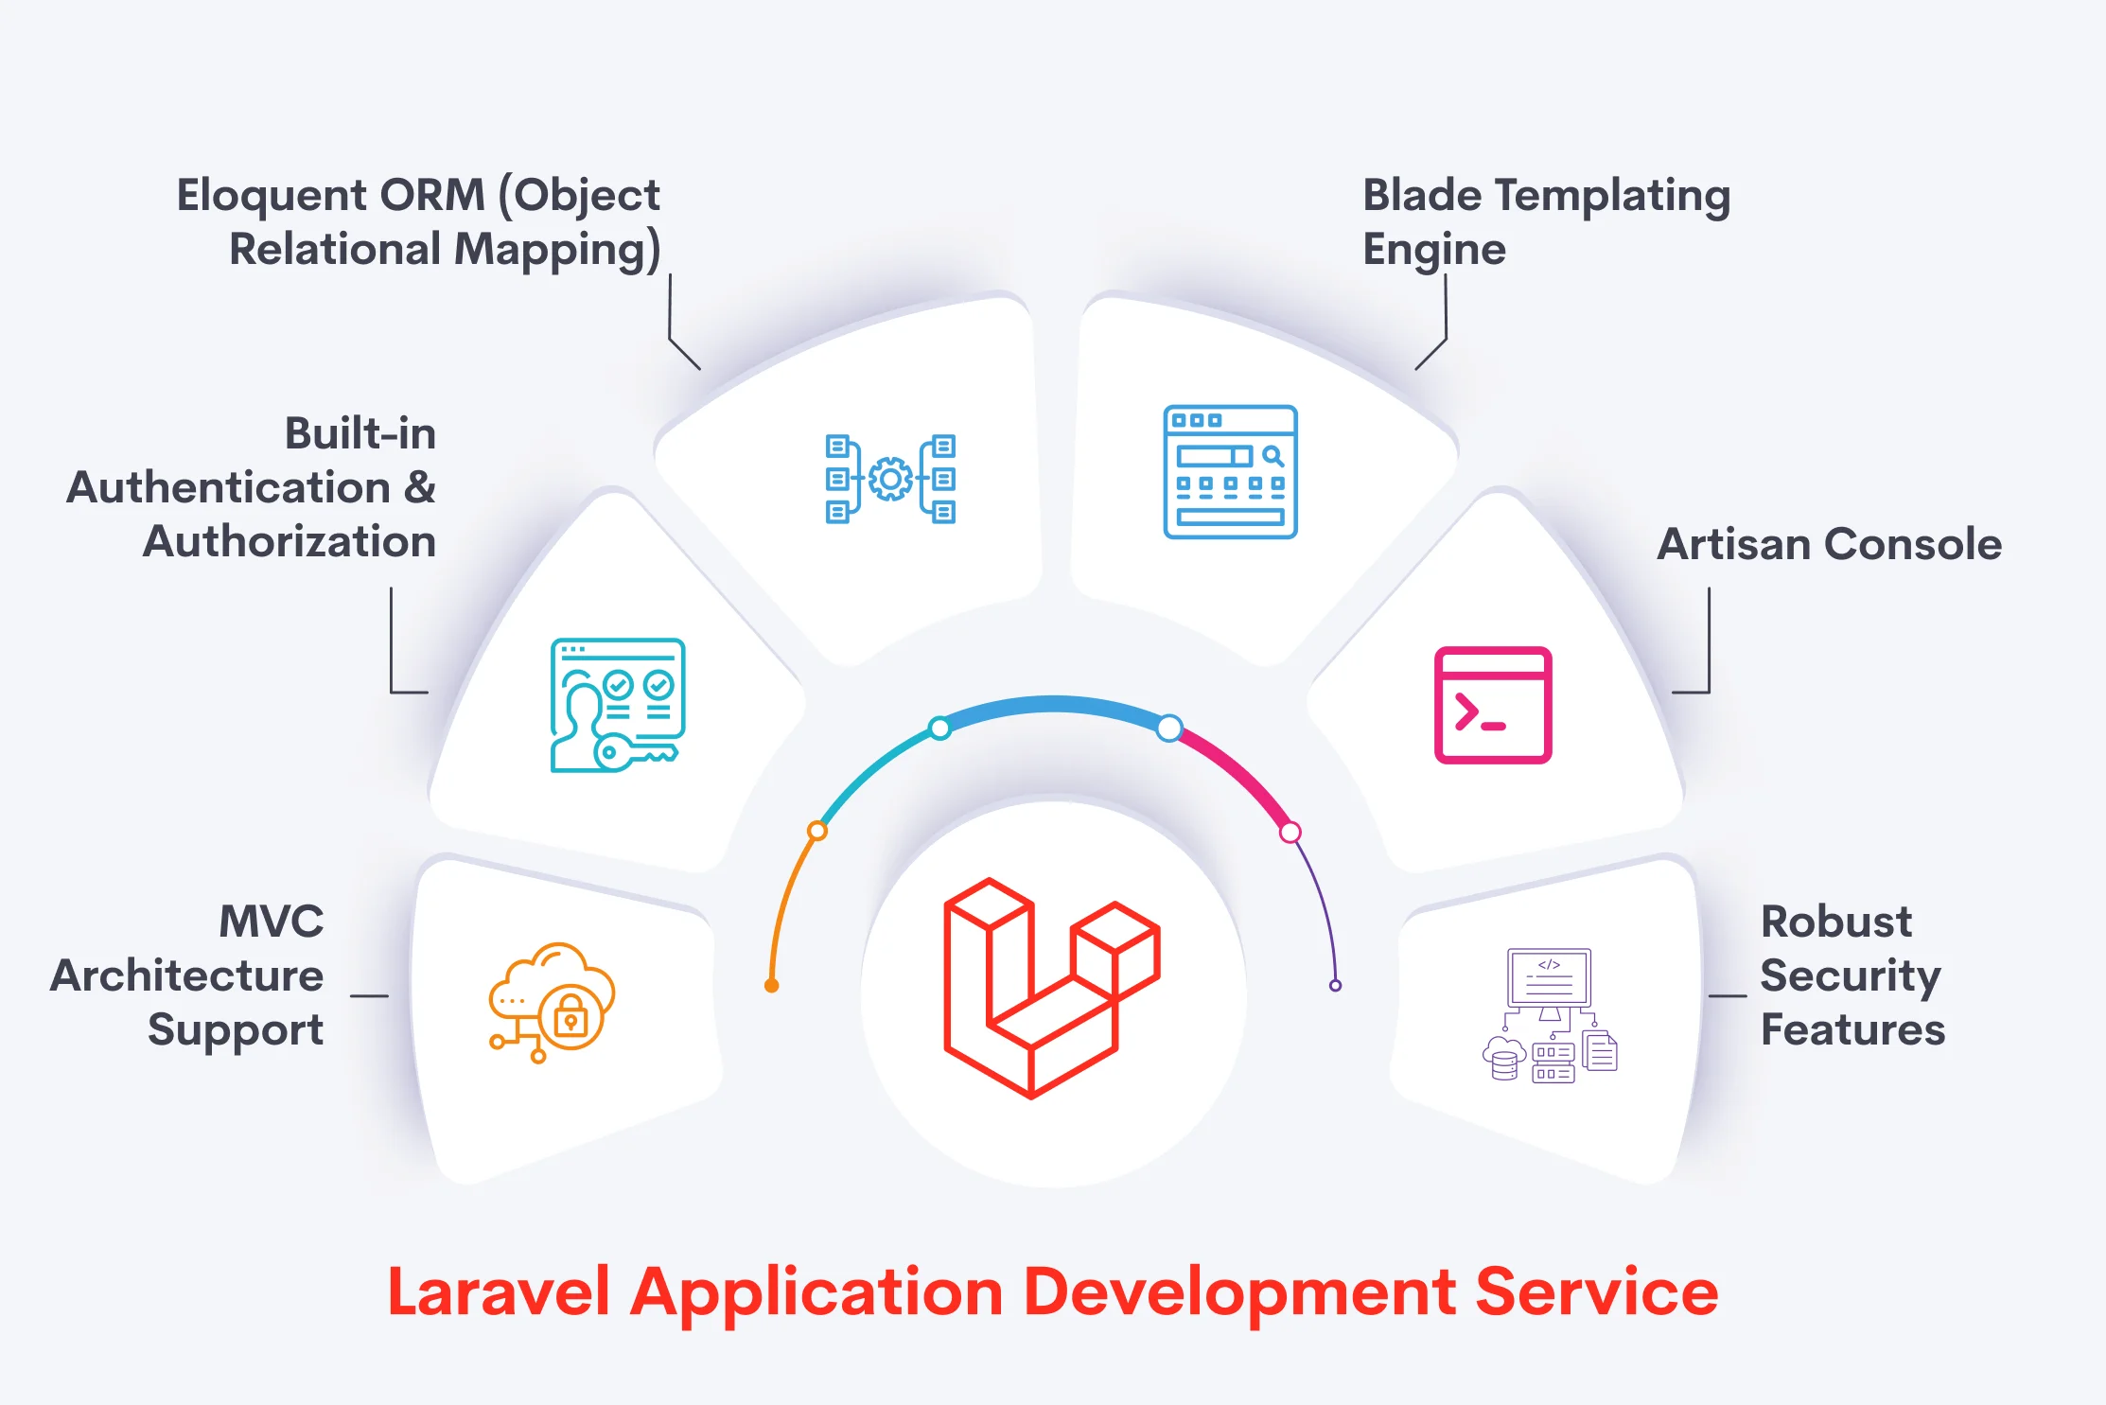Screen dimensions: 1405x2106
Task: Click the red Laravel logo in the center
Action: pyautogui.click(x=1052, y=989)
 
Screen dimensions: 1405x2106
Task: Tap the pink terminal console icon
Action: pyautogui.click(x=1493, y=705)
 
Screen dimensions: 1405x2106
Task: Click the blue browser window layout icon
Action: pyautogui.click(x=1230, y=472)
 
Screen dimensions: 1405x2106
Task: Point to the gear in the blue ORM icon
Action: pyautogui.click(x=890, y=479)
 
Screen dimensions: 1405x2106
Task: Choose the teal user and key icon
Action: pyautogui.click(x=618, y=705)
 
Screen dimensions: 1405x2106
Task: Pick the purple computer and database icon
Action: pyautogui.click(x=1550, y=1015)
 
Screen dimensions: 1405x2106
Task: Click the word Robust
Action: pyautogui.click(x=1835, y=922)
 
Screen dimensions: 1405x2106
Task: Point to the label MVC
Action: pyautogui.click(x=272, y=922)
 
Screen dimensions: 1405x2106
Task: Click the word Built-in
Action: pyautogui.click(x=360, y=433)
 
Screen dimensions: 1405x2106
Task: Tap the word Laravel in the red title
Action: pyautogui.click(x=499, y=1291)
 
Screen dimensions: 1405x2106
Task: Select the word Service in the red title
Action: pyautogui.click(x=1596, y=1291)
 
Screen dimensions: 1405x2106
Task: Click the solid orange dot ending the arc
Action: pyautogui.click(x=772, y=986)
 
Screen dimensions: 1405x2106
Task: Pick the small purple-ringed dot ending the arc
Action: pyautogui.click(x=1335, y=986)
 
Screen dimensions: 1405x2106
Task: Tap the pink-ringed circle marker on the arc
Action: pyautogui.click(x=1290, y=833)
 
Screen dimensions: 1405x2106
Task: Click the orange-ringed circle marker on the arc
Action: pyautogui.click(x=817, y=832)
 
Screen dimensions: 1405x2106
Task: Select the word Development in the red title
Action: pyautogui.click(x=1239, y=1291)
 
